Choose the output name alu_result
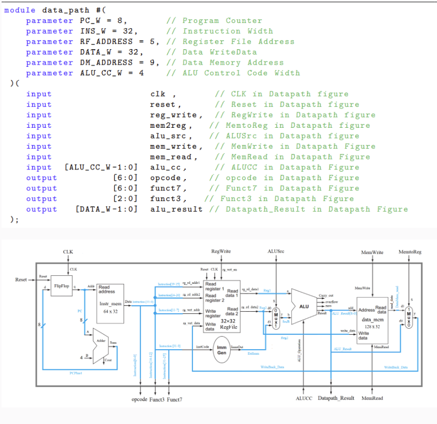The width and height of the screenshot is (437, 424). tap(176, 209)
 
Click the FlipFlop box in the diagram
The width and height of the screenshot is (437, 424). tap(62, 287)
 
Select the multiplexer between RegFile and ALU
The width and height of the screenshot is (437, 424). tap(276, 318)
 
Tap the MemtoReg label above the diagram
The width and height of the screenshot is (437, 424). tap(410, 252)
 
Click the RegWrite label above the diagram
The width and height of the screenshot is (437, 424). tap(221, 251)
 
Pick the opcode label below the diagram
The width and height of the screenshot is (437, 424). tap(139, 399)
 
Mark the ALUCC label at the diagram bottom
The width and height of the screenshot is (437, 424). tap(304, 398)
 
